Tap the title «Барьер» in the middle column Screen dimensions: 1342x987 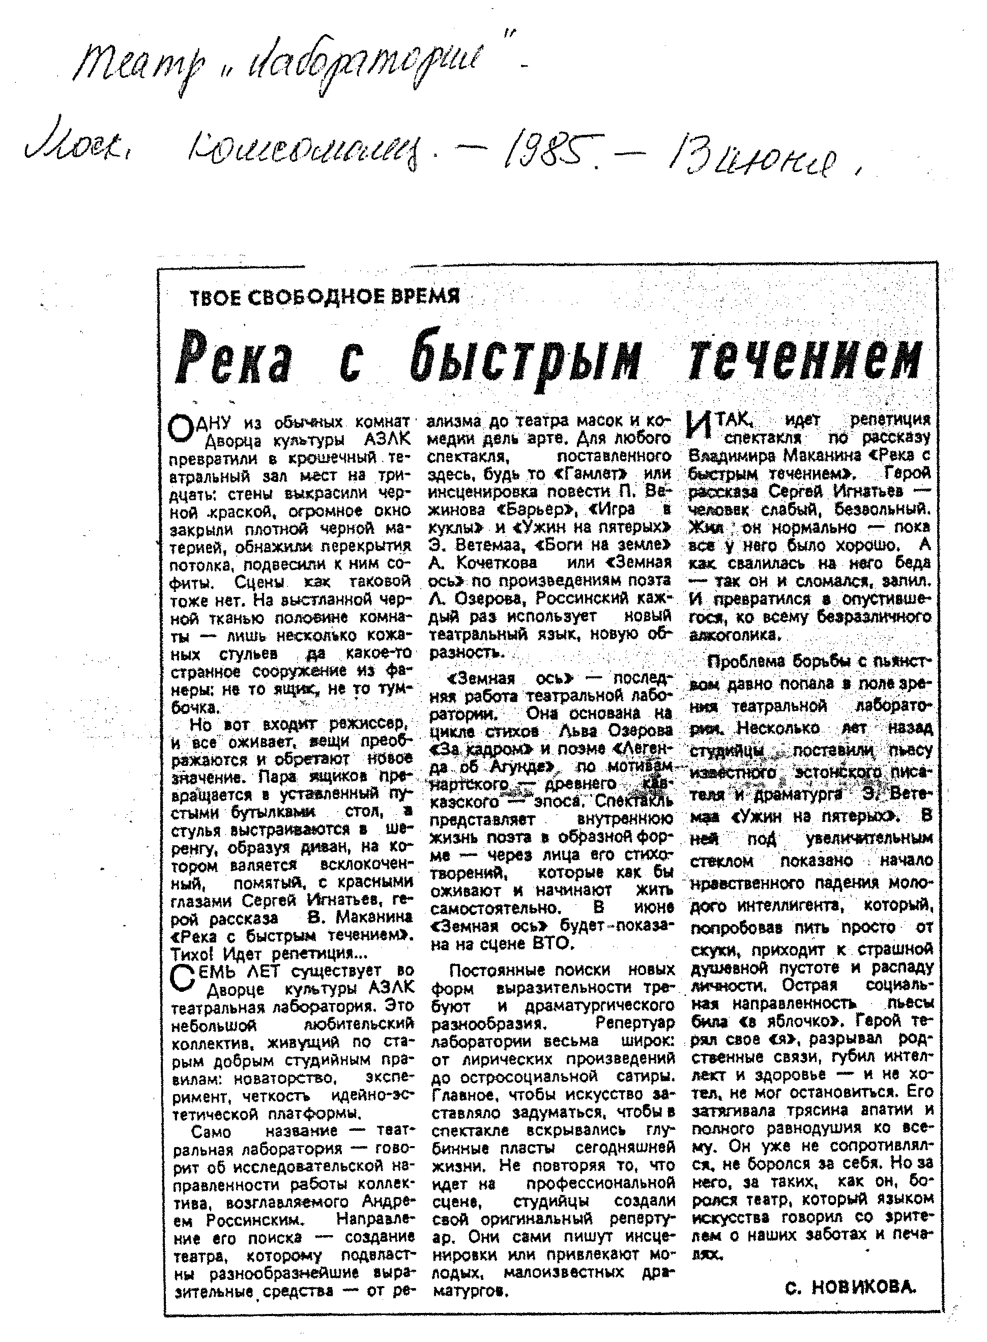(534, 509)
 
